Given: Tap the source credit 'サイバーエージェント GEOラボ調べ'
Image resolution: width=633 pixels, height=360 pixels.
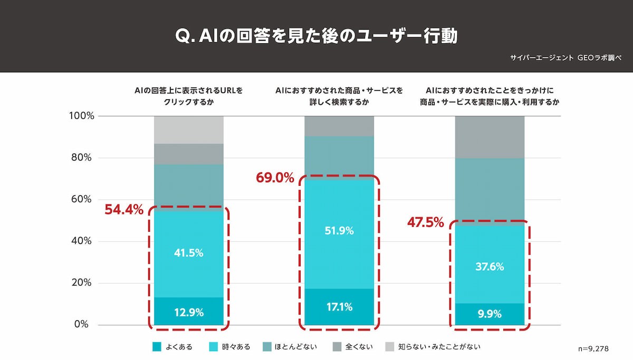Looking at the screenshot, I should tap(566, 58).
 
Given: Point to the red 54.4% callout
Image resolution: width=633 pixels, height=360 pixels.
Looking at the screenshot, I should tap(124, 210).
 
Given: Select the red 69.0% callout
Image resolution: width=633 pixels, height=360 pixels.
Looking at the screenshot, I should tap(275, 178).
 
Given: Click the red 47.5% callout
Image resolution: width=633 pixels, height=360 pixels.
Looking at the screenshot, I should tap(425, 223).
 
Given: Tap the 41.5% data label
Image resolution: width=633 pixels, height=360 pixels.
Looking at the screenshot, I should tap(189, 253).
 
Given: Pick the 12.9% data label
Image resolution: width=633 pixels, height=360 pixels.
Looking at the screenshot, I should tap(189, 312).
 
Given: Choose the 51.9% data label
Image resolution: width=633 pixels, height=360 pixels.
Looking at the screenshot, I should tap(339, 231).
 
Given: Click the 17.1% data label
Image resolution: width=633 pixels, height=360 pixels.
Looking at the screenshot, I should tap(339, 307).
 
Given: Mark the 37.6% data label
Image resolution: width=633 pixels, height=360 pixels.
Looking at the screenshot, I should tap(490, 267).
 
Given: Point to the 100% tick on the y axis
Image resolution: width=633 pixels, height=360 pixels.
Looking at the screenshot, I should tap(81, 116).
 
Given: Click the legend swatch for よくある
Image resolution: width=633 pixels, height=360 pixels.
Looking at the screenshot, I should tap(156, 347).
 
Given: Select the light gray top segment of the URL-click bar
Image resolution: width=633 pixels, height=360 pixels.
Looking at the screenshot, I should tap(189, 130).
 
